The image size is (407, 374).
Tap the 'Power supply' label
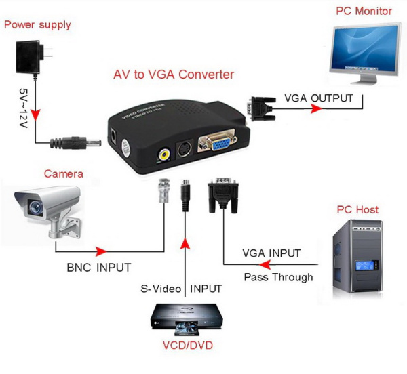point(38,25)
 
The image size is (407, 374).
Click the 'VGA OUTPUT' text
point(318,98)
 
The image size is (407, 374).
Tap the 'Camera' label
point(63,174)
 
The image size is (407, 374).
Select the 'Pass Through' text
point(278,276)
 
